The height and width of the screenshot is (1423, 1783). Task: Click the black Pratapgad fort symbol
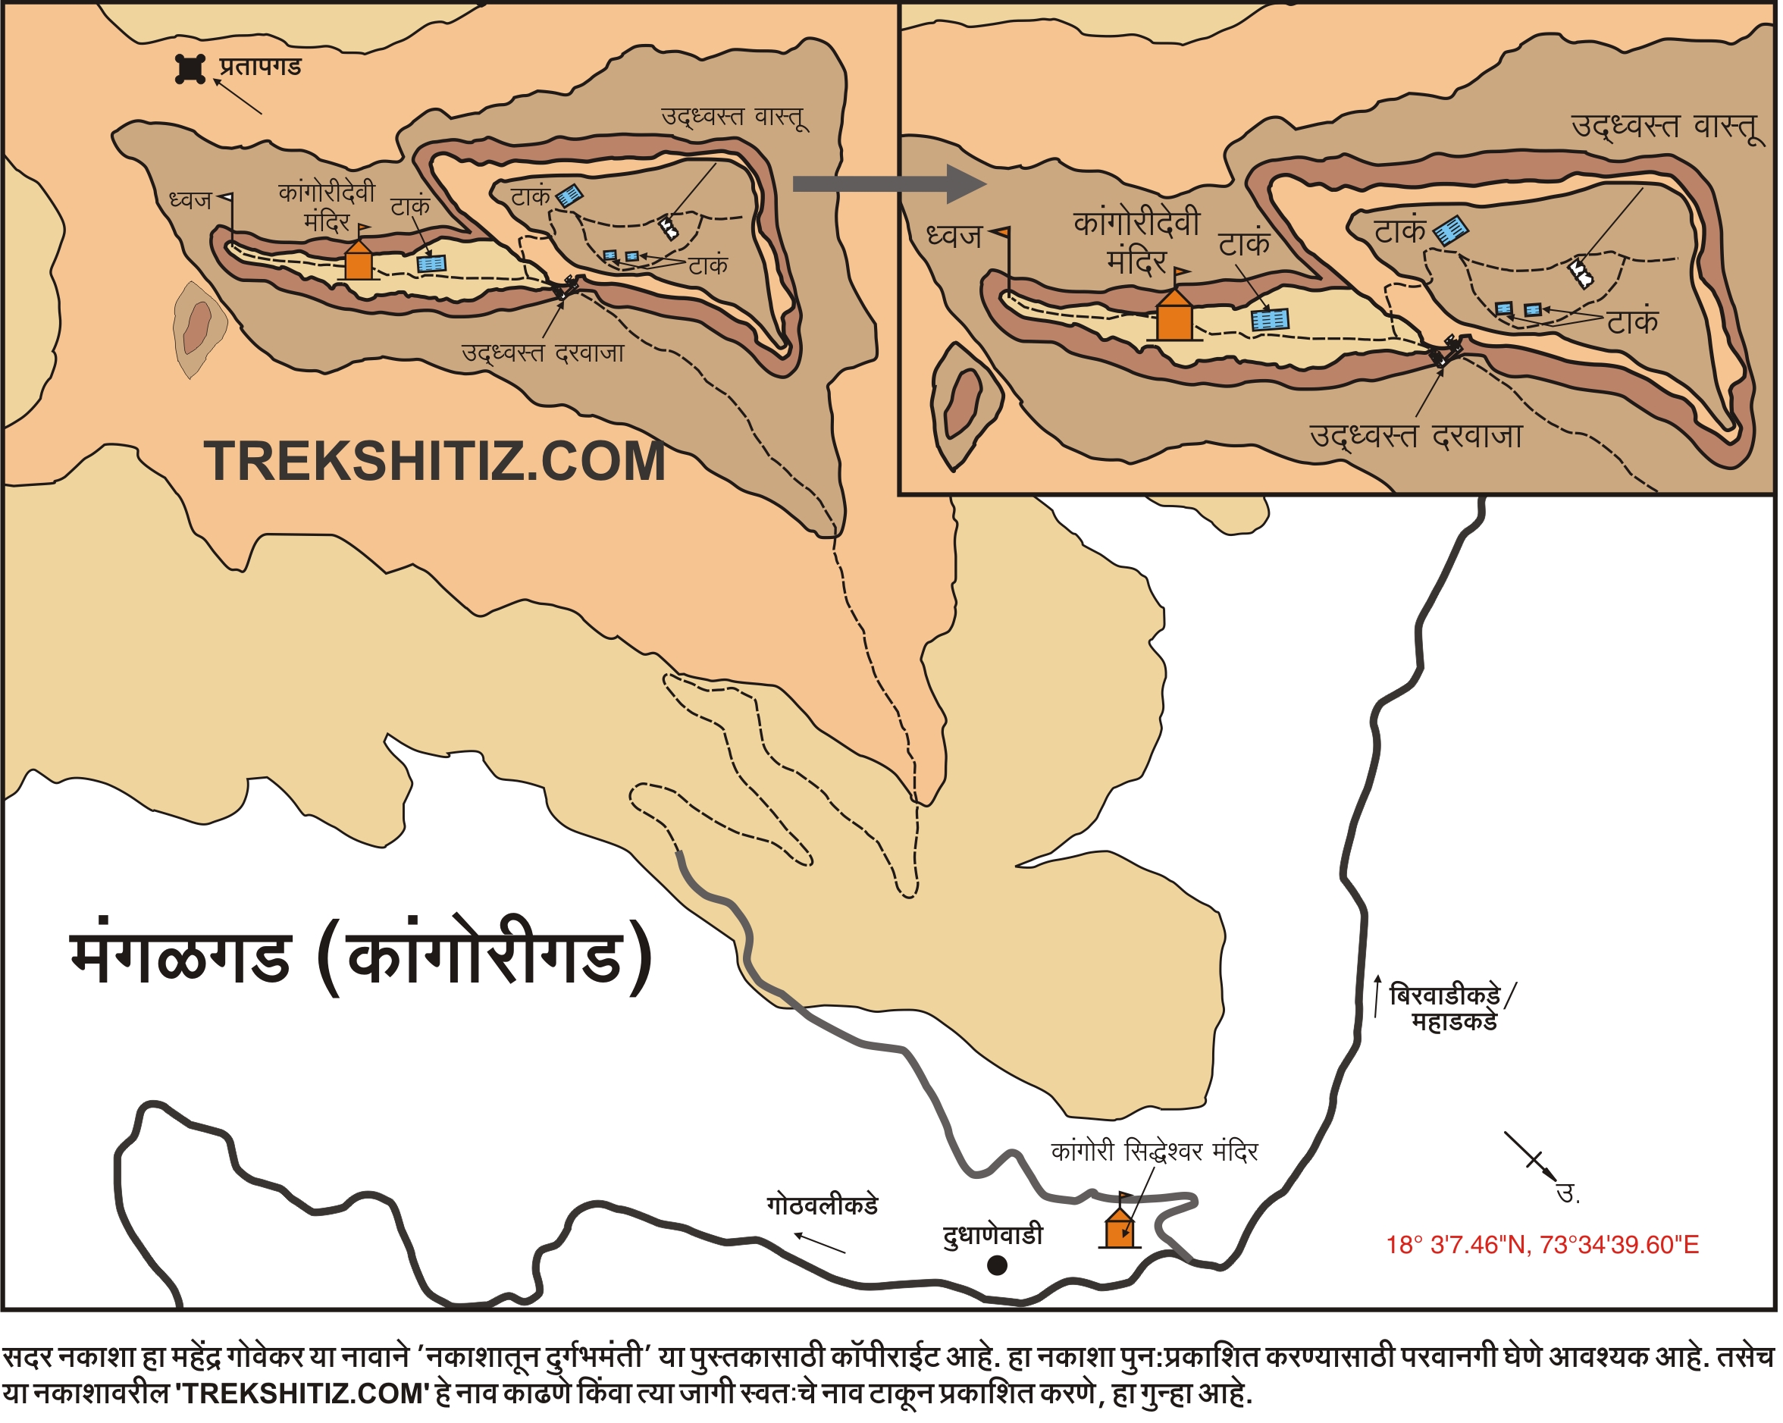pos(190,70)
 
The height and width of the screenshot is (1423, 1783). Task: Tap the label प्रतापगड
pos(260,66)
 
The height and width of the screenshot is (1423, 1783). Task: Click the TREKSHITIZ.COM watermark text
pos(435,462)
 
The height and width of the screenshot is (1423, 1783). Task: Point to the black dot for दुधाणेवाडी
pos(998,1265)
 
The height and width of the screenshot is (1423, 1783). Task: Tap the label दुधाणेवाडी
pos(992,1235)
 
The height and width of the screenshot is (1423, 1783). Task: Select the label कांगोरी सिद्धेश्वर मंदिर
pos(1154,1152)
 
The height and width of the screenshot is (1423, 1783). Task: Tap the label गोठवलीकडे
pos(822,1205)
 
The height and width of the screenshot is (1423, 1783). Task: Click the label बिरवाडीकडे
pos(1445,995)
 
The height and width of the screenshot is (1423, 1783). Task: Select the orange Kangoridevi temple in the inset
pos(1174,318)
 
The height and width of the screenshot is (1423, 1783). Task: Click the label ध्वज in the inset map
pos(954,237)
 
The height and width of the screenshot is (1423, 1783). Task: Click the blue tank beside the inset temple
pos(1270,320)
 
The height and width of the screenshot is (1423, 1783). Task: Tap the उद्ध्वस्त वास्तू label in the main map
pos(734,117)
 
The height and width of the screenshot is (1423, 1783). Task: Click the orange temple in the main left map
pos(358,262)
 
